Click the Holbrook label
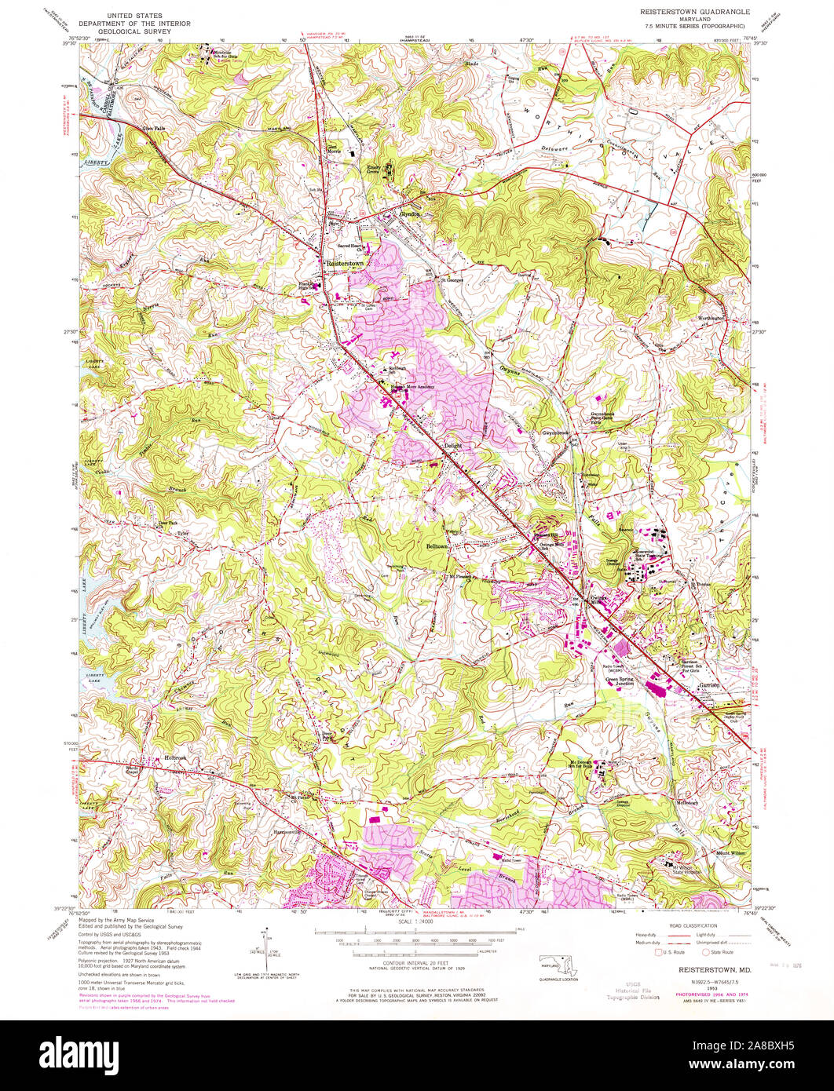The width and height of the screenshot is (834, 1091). (174, 757)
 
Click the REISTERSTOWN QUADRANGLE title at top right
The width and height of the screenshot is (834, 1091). (691, 13)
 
